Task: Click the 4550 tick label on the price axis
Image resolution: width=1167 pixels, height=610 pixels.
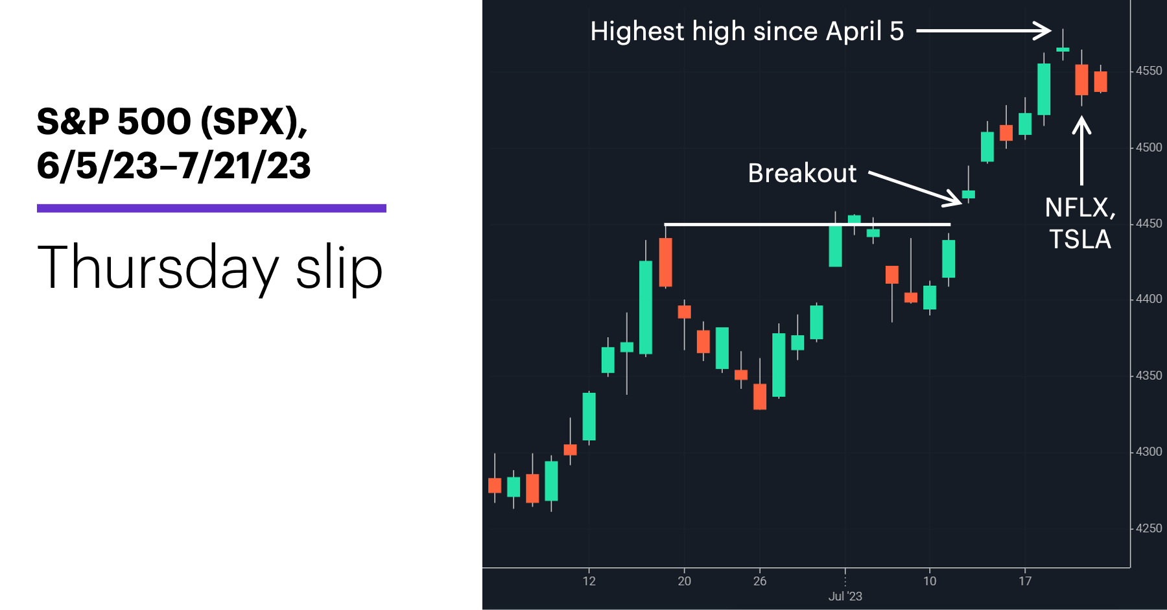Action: (x=1149, y=71)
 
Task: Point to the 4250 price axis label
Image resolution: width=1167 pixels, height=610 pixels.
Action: (x=1149, y=528)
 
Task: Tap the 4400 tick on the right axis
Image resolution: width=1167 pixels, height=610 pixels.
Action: (x=1149, y=299)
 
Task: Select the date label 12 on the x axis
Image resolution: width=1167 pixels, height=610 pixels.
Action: (x=589, y=581)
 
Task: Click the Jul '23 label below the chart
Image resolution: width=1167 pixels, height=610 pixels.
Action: (x=845, y=596)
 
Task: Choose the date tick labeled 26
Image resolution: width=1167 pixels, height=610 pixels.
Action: (x=760, y=581)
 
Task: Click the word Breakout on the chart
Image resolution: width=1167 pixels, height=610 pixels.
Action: (x=802, y=173)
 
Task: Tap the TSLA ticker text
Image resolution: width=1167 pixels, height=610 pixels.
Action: (x=1080, y=239)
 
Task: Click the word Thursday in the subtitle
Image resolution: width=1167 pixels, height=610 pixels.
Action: (x=158, y=268)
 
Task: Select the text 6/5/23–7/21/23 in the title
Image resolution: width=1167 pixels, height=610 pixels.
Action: (x=174, y=166)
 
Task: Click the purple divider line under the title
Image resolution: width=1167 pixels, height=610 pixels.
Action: (x=211, y=208)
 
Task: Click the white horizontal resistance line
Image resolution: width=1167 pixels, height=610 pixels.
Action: (x=807, y=224)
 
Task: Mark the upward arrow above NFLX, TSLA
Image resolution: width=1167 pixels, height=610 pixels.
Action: (x=1081, y=150)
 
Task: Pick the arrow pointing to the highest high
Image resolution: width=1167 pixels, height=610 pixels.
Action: (x=984, y=30)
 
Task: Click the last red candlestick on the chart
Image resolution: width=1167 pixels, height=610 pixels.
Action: (x=1100, y=82)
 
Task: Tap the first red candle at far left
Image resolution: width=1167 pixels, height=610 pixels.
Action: (x=495, y=486)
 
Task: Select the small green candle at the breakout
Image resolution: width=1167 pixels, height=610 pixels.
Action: (x=968, y=194)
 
